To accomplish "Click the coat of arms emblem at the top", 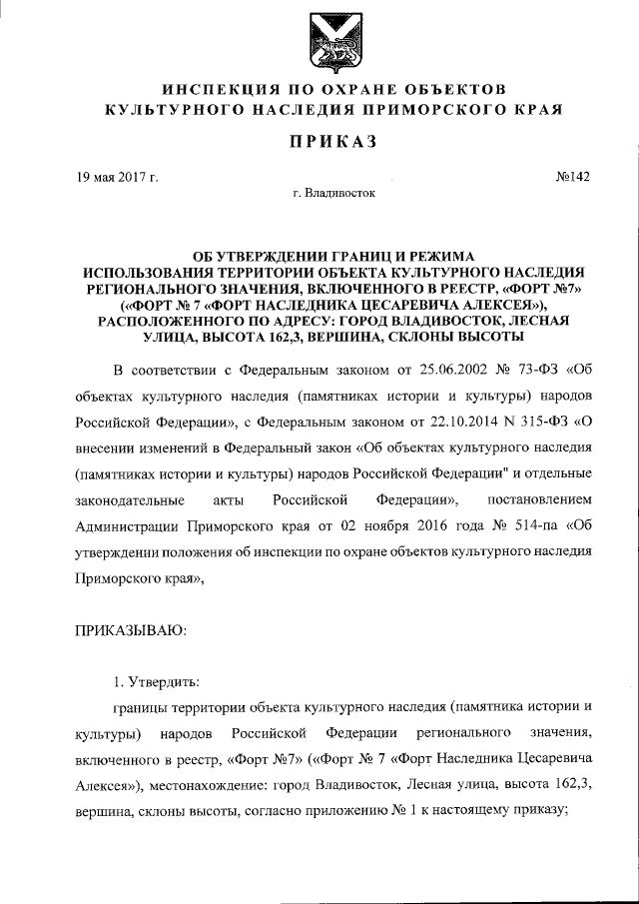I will pyautogui.click(x=319, y=37).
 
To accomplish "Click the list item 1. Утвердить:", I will pyautogui.click(x=156, y=682).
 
